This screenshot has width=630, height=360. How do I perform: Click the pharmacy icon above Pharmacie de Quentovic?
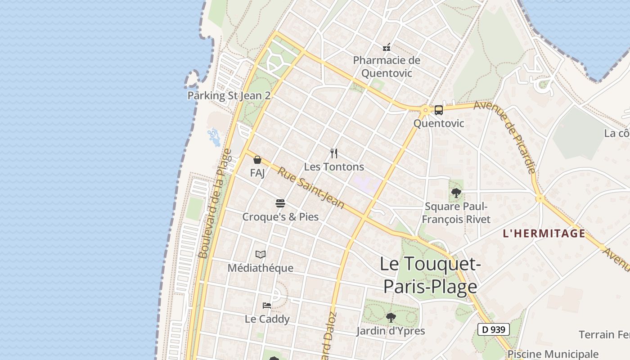coord(386,47)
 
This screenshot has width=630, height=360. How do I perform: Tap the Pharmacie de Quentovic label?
coord(387,66)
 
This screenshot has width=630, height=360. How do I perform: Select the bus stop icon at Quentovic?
coord(438,110)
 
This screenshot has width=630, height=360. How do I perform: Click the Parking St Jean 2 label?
coord(229,95)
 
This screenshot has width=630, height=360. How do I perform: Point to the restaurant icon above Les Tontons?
coord(333,153)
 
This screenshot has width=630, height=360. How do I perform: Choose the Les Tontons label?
coord(334,166)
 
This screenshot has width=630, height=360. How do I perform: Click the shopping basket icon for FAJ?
coord(257,160)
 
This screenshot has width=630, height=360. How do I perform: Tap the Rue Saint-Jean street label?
coord(310,188)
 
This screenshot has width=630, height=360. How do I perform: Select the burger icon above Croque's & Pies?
coord(280,203)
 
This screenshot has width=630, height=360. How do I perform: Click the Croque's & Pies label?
coord(280,217)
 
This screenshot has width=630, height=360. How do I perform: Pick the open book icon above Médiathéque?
coord(261,255)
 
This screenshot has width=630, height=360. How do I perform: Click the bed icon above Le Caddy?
coord(267,306)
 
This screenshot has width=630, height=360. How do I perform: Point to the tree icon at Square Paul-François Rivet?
coord(456,193)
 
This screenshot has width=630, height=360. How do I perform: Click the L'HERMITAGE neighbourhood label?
coord(544,233)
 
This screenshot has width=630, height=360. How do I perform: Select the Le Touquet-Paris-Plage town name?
coord(430,275)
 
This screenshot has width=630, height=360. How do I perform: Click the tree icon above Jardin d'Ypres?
coord(391,318)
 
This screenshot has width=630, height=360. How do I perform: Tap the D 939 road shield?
coord(493,329)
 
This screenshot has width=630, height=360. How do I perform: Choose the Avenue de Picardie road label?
coord(505,137)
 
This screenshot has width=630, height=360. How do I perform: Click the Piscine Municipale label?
coord(553,354)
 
